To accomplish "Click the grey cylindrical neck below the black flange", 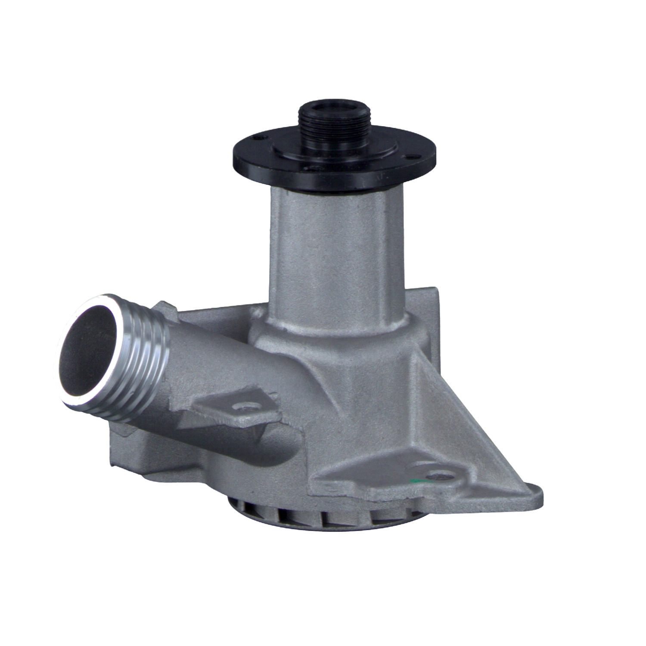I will pos(336,245).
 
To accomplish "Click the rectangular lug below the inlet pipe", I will pos(129,452).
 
